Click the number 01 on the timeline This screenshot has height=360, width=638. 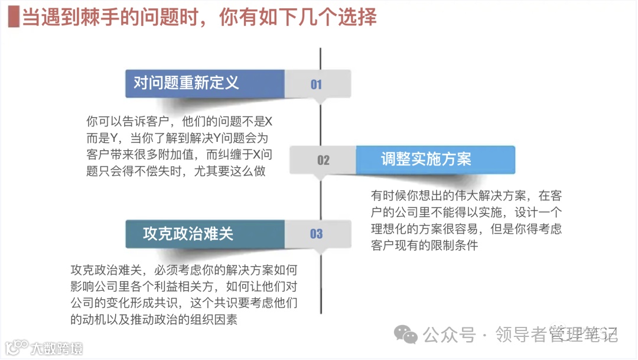[317, 85]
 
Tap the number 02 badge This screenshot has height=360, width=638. [323, 160]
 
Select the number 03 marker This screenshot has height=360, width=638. [317, 234]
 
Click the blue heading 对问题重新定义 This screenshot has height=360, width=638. [186, 83]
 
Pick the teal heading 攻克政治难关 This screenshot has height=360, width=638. [188, 234]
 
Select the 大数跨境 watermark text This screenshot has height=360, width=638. [57, 348]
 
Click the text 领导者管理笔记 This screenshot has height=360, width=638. [557, 335]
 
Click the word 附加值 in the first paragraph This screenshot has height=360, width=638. [184, 155]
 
